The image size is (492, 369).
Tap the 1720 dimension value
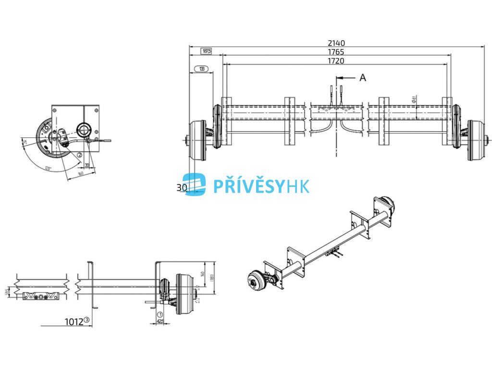coord(336,61)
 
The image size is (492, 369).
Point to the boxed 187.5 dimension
coord(206,51)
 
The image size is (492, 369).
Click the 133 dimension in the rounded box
coord(202,69)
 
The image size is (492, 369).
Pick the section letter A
coord(363,77)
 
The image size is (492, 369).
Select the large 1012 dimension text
coord(74,321)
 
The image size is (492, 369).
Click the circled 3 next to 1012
coord(87,320)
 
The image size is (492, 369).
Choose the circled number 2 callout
coord(79,155)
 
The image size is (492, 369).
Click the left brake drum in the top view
coord(198,140)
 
